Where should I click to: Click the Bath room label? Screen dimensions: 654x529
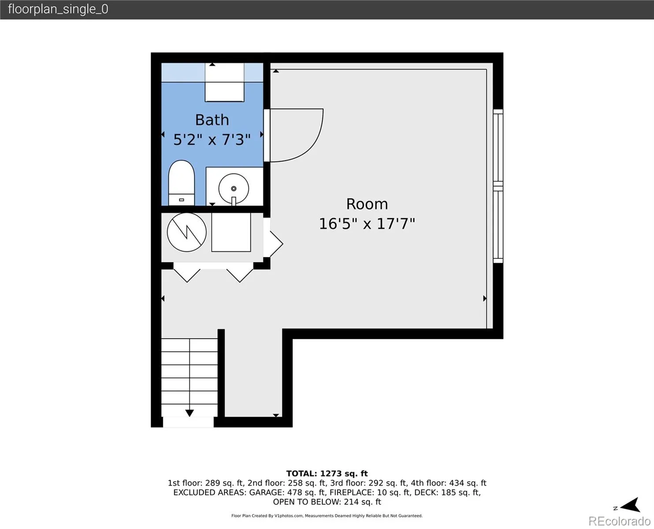(212, 120)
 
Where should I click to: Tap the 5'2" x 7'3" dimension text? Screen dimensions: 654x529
(212, 139)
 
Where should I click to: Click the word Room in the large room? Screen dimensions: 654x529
(367, 204)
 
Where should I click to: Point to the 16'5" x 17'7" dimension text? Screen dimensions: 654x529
(367, 224)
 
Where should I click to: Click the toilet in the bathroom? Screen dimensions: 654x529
(182, 183)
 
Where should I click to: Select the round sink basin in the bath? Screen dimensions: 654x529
(234, 189)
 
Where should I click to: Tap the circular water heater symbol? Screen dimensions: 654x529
(187, 232)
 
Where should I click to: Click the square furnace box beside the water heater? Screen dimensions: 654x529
(231, 232)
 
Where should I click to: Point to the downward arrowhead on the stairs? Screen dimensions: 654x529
(190, 413)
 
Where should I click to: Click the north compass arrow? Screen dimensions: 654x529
(631, 505)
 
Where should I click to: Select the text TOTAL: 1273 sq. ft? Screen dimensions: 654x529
(327, 473)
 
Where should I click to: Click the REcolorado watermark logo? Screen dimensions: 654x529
(619, 521)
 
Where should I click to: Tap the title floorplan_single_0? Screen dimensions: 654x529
(58, 9)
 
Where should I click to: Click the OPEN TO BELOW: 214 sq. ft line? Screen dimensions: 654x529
(327, 502)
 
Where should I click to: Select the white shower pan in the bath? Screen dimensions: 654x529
(224, 82)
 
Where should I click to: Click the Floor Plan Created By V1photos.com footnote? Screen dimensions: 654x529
(327, 516)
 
